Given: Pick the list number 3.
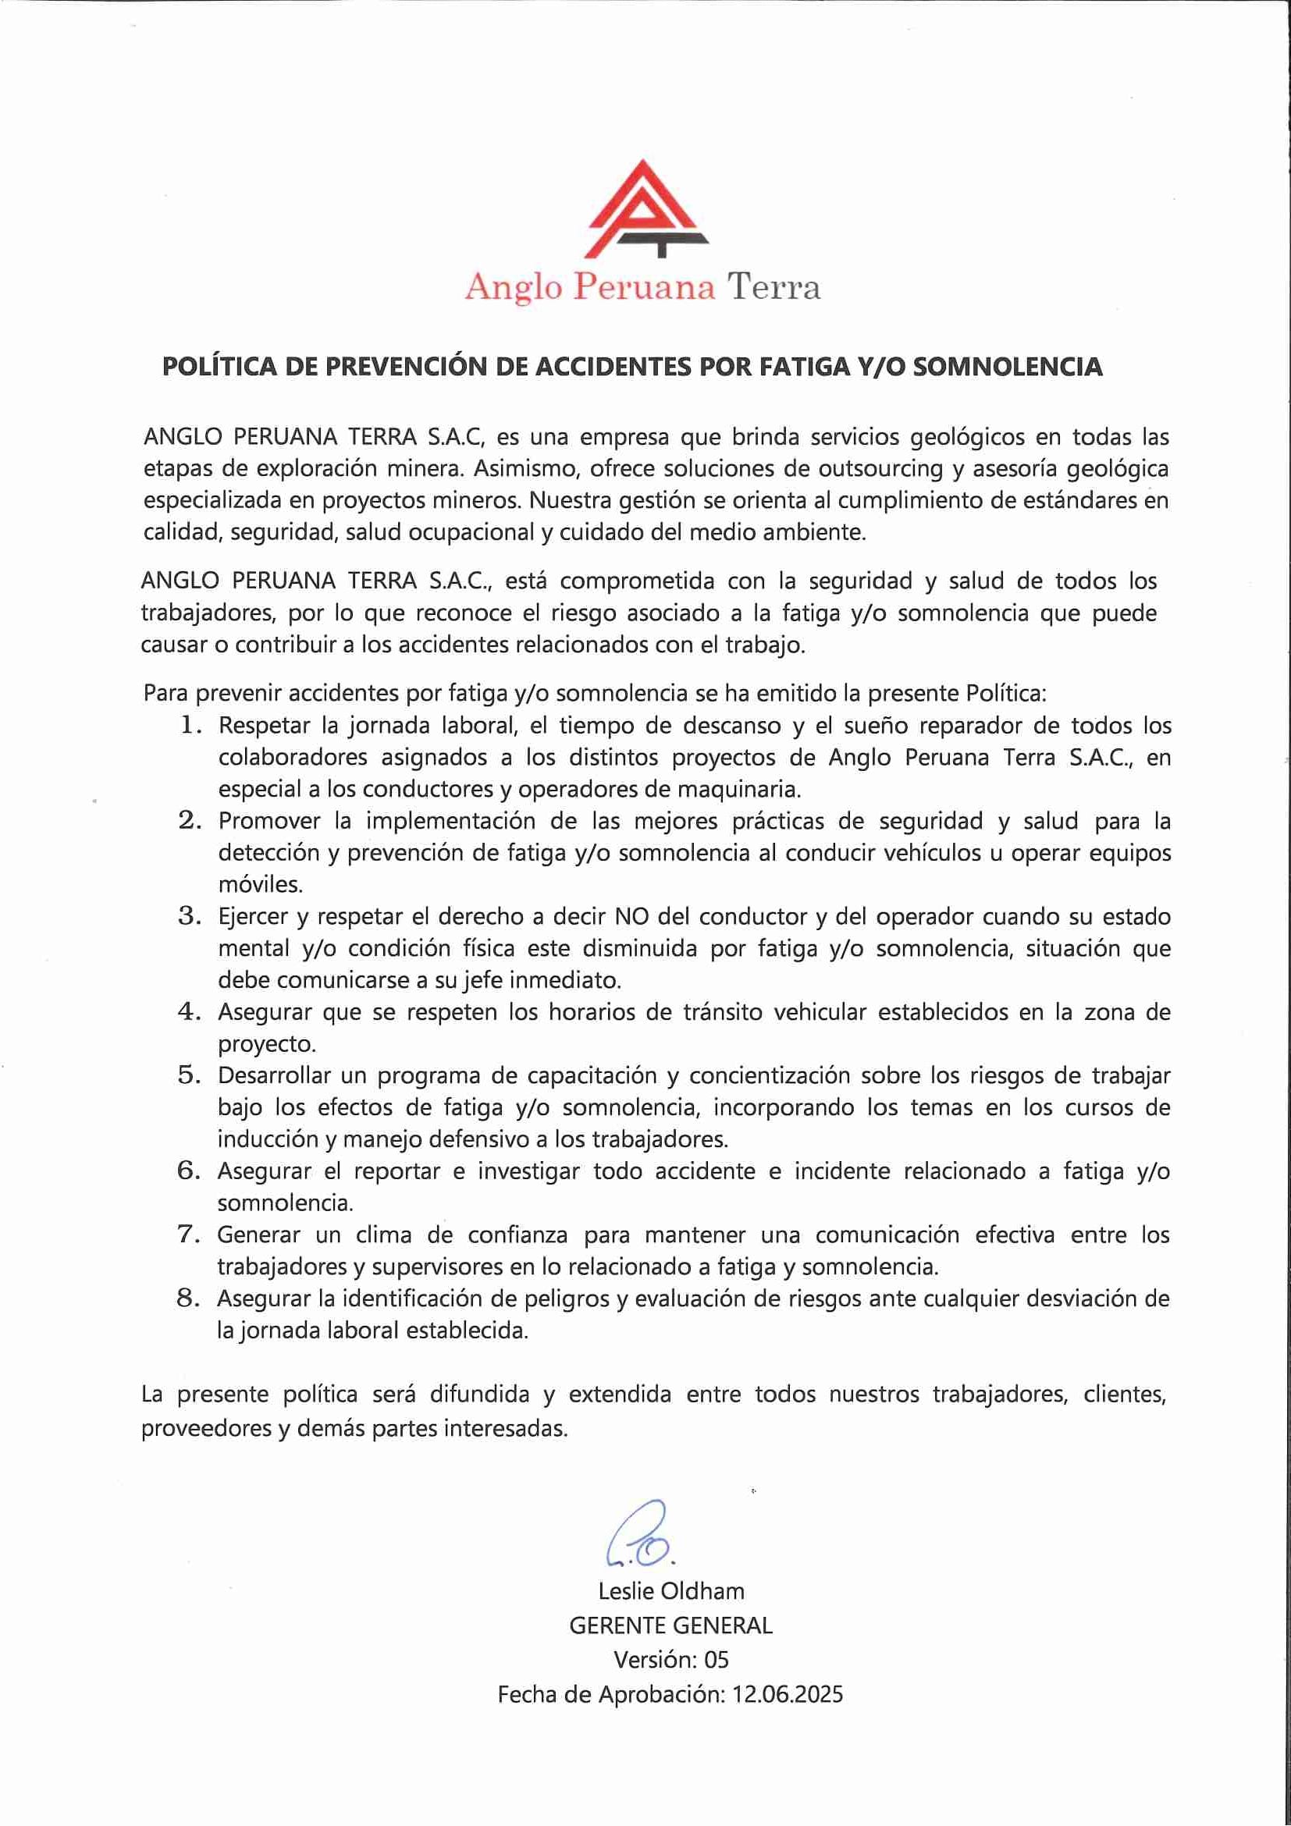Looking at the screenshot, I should tap(189, 916).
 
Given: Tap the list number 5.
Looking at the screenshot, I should tap(189, 1075).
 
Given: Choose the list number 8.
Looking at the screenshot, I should tap(188, 1298).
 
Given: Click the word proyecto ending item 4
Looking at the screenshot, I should tap(265, 1044).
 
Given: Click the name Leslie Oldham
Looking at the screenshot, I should tap(671, 1590).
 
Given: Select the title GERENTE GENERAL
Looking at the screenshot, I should tap(670, 1625).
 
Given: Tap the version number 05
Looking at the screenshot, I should tap(716, 1660).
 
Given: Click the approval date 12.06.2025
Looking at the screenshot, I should tap(787, 1695).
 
